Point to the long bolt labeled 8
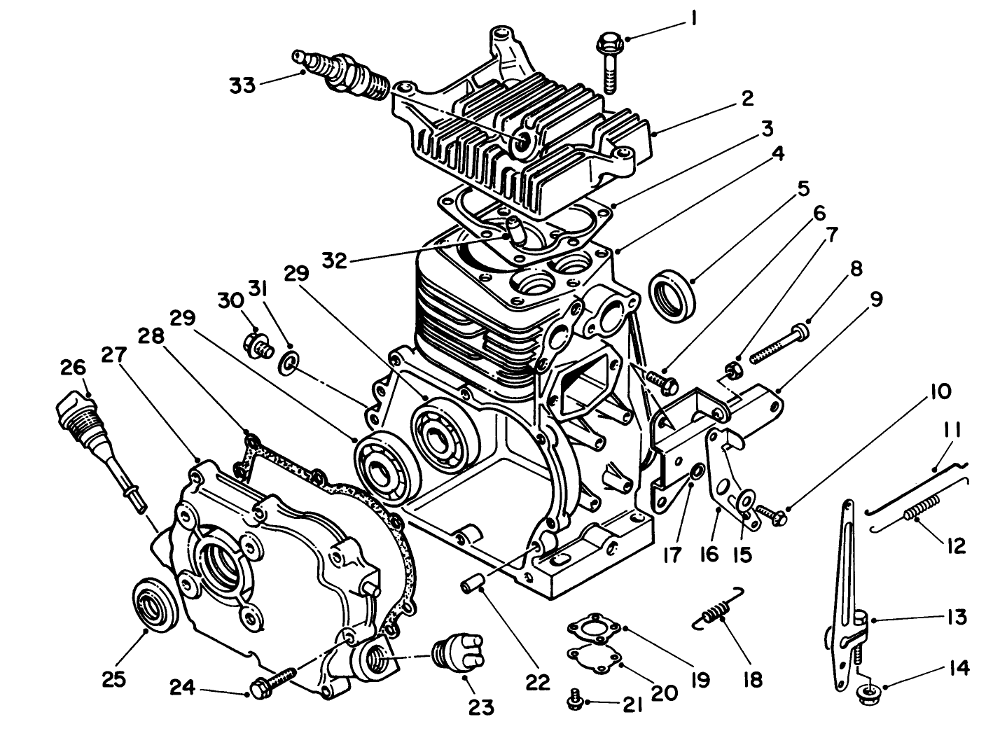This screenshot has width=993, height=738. [x=779, y=343]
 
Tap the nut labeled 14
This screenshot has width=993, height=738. [x=868, y=691]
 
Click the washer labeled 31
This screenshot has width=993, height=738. [x=289, y=363]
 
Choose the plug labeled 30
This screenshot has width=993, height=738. [x=259, y=344]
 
